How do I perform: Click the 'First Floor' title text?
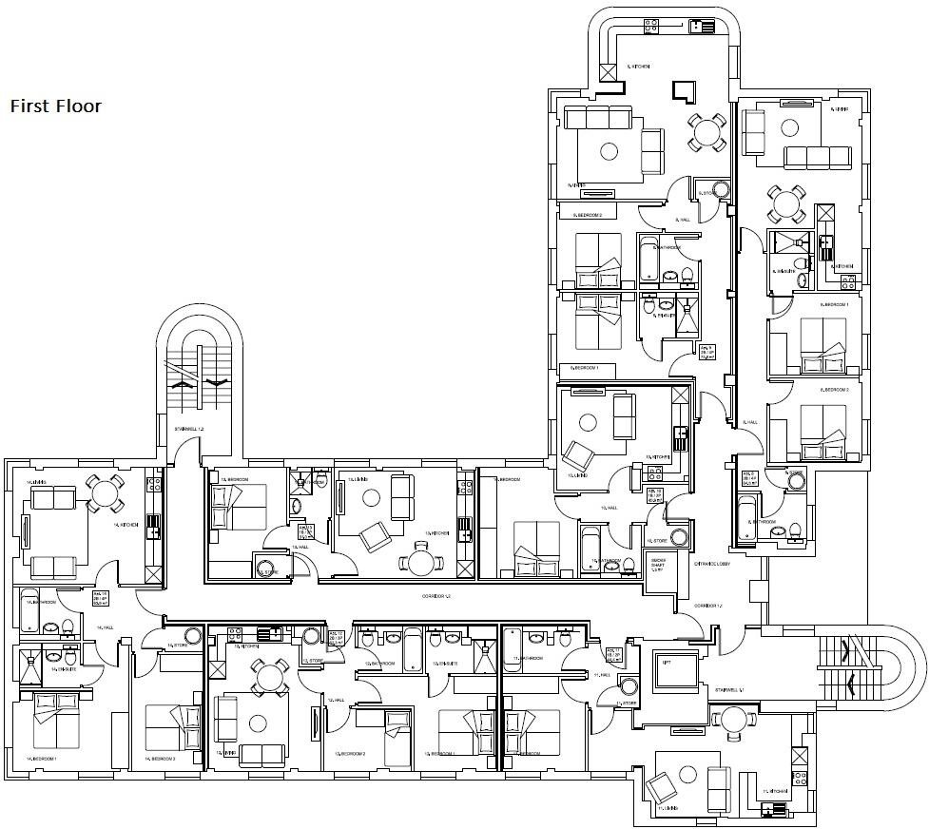55,106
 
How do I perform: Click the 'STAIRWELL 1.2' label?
189,430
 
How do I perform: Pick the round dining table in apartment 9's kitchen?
707,130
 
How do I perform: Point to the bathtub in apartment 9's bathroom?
649,261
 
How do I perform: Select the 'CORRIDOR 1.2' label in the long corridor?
435,596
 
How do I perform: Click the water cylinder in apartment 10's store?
678,537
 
